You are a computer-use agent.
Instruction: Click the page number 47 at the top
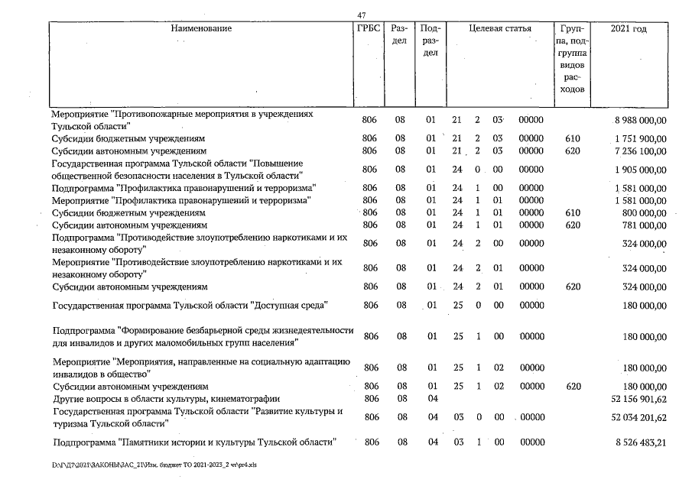[362, 15]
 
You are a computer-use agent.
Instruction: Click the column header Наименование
[201, 29]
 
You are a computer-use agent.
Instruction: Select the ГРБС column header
[369, 29]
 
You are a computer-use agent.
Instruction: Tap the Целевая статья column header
[499, 29]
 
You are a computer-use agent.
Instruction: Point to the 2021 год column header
[629, 29]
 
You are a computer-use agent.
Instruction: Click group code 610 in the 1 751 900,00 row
[573, 139]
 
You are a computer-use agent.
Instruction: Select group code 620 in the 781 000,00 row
[573, 226]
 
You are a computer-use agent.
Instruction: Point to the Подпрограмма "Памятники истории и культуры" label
[193, 443]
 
